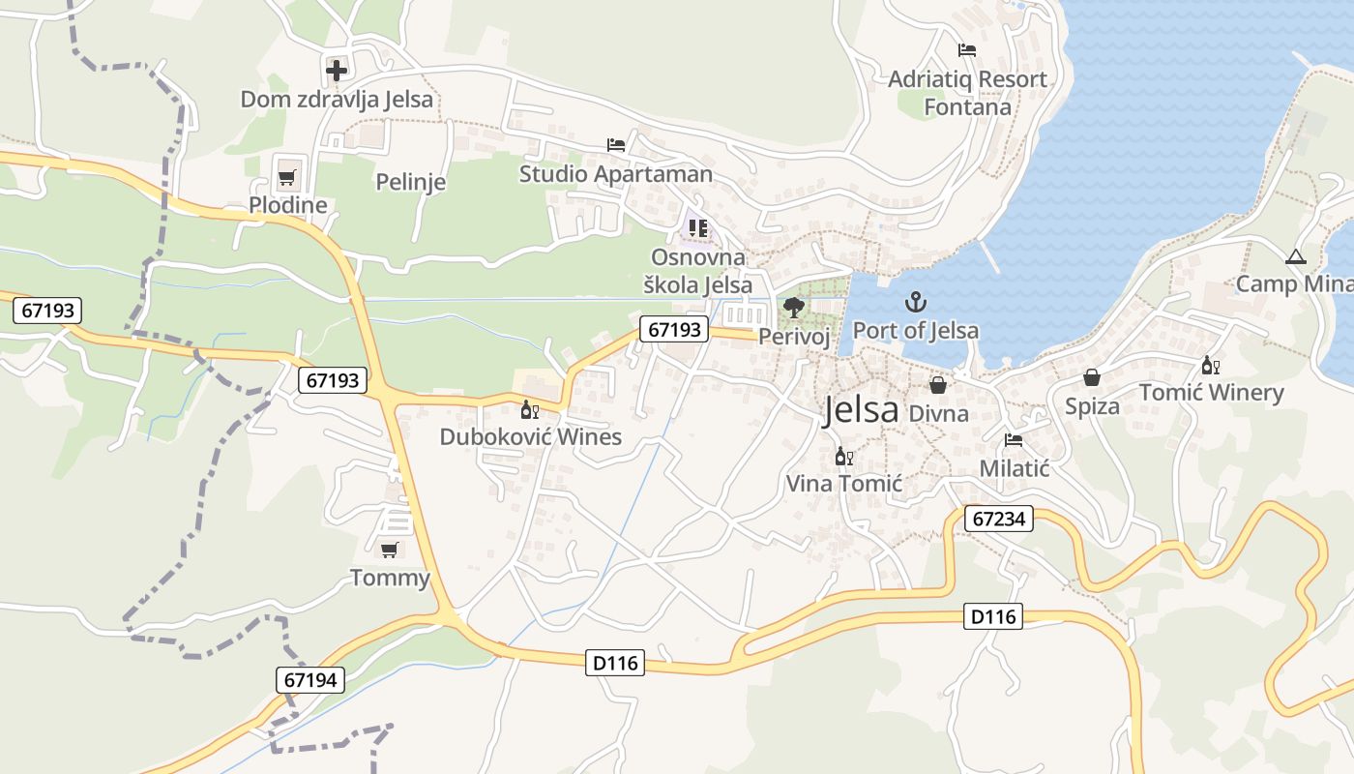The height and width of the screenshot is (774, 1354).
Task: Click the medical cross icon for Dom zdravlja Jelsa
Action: pyautogui.click(x=337, y=70)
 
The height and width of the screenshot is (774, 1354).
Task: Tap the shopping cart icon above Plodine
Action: pyautogui.click(x=286, y=178)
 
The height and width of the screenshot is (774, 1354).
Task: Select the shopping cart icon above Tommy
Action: pyautogui.click(x=389, y=551)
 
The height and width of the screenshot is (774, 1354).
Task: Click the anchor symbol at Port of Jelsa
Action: pyautogui.click(x=915, y=303)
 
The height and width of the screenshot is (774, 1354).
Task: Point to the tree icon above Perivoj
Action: pyautogui.click(x=794, y=308)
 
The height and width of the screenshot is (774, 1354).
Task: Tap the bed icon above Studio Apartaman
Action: pyautogui.click(x=616, y=145)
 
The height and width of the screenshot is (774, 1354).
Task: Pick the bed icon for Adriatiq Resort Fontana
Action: pyautogui.click(x=966, y=50)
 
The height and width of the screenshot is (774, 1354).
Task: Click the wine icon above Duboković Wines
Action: pyautogui.click(x=530, y=410)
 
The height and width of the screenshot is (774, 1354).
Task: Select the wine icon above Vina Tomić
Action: pyautogui.click(x=843, y=456)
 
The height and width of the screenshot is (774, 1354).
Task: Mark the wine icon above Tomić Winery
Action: pyautogui.click(x=1210, y=366)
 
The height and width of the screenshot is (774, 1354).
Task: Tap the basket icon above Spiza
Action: pyautogui.click(x=1092, y=378)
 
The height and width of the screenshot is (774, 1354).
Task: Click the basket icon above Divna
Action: pyautogui.click(x=938, y=385)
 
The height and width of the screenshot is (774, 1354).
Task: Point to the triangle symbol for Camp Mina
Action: pyautogui.click(x=1296, y=257)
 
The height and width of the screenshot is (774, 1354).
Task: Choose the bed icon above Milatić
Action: pyautogui.click(x=1014, y=440)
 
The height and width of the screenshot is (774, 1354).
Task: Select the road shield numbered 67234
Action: pyautogui.click(x=999, y=520)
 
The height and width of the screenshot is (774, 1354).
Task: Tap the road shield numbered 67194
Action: pyautogui.click(x=310, y=680)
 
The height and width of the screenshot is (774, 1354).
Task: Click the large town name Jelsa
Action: pyautogui.click(x=861, y=410)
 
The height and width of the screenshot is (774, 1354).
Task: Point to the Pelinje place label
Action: pyautogui.click(x=410, y=182)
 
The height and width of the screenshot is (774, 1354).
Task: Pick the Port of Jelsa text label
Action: pyautogui.click(x=915, y=330)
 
